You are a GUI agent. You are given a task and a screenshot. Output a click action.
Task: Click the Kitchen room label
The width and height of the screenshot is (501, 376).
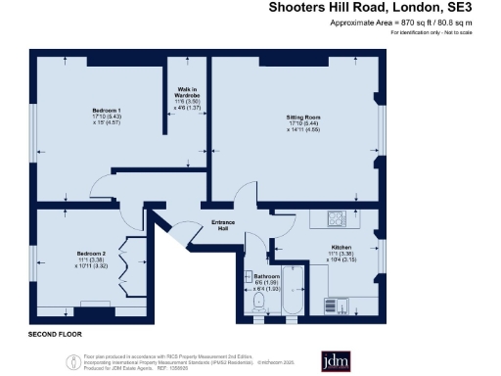tap(341, 247)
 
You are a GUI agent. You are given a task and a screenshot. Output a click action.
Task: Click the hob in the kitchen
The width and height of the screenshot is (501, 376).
tap(337, 219)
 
